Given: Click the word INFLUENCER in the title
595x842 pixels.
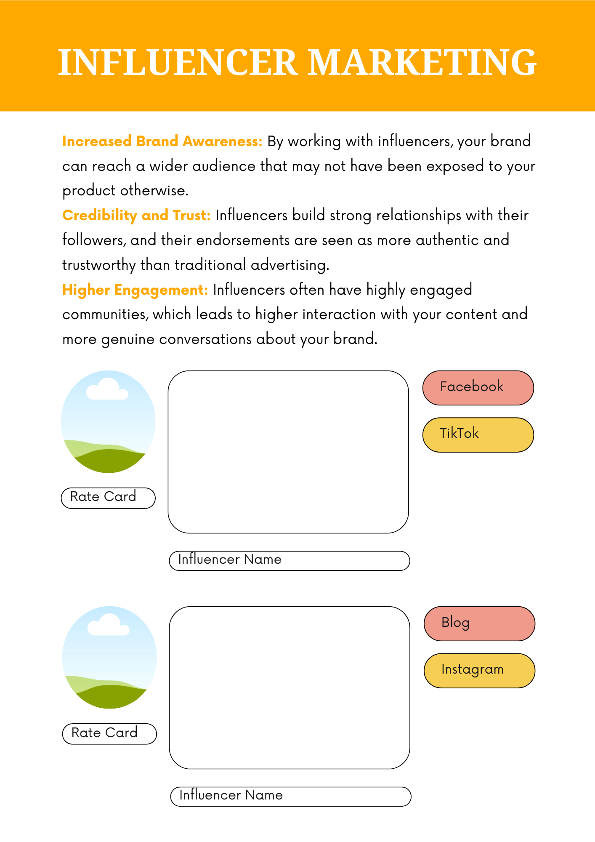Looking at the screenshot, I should [177, 62].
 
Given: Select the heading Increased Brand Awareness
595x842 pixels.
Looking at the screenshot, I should [162, 141].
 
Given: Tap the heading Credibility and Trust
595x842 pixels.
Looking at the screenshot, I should [136, 216].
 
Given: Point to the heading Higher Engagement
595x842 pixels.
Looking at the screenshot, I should [135, 290].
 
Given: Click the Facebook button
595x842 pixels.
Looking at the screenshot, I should [478, 388].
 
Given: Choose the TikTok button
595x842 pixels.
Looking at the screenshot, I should [478, 434].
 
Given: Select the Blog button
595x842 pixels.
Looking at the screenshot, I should [479, 624].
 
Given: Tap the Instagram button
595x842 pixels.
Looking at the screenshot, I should [479, 670].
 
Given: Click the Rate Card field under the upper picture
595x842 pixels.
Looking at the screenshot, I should [108, 498].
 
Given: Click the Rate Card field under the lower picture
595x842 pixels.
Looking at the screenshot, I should [109, 734].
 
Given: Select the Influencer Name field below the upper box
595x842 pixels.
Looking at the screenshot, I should [289, 561].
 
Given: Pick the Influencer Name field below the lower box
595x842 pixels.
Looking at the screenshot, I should [290, 797].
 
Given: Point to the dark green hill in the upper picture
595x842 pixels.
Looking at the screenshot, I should [109, 461].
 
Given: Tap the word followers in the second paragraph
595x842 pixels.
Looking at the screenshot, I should [93, 240].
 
